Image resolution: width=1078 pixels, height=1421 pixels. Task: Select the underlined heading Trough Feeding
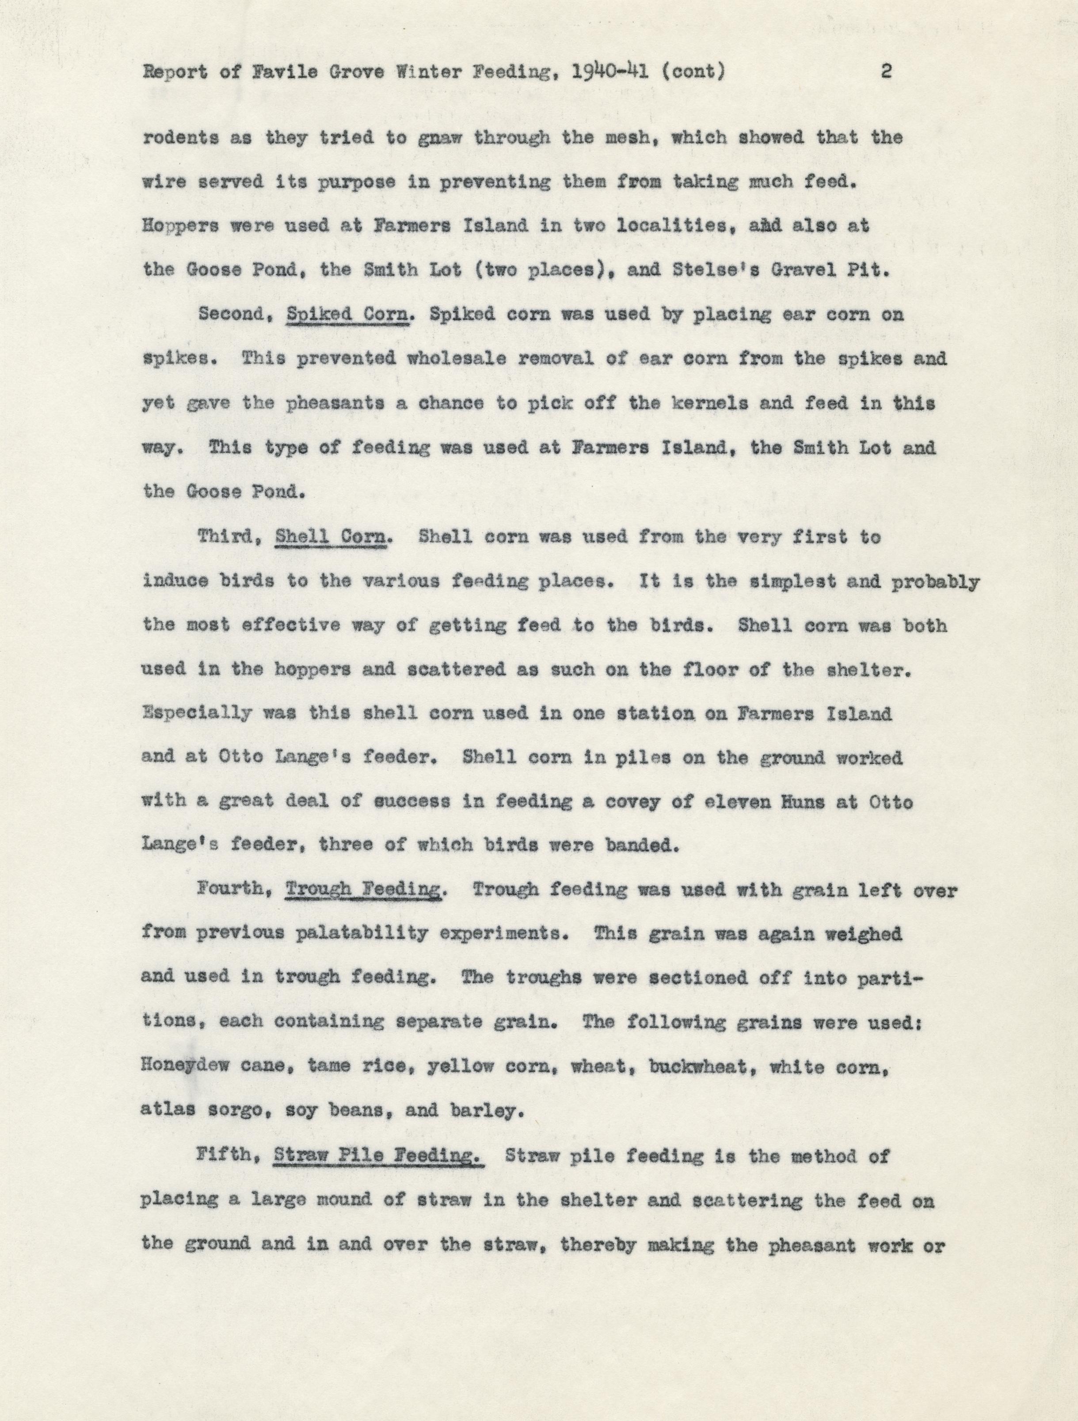pos(364,890)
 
